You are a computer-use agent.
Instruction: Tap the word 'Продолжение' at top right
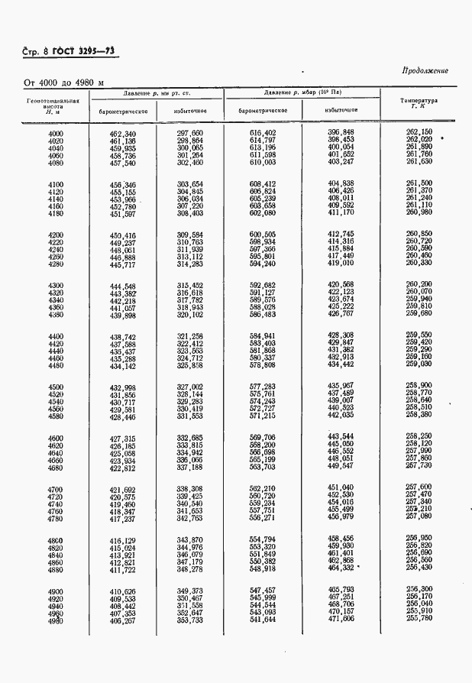(425, 71)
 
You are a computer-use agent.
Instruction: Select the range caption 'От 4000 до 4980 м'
(64, 83)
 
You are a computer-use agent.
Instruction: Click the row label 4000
(55, 134)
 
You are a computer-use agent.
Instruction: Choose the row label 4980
(55, 620)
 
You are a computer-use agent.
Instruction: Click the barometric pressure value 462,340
(122, 134)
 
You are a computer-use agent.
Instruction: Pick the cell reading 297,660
(189, 134)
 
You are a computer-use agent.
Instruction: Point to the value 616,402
(263, 134)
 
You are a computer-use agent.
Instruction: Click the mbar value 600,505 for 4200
(263, 235)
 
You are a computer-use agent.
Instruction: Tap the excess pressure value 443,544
(341, 436)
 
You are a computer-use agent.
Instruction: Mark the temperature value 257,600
(419, 487)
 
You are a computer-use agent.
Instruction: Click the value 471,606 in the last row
(341, 620)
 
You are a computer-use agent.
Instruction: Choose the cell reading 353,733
(189, 620)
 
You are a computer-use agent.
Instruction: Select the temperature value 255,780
(419, 617)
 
